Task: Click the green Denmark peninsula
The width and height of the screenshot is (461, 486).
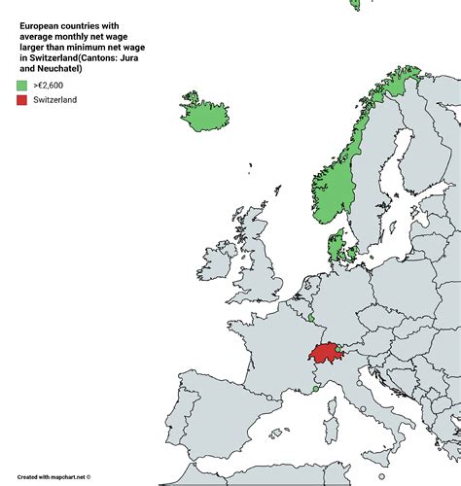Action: (x=338, y=247)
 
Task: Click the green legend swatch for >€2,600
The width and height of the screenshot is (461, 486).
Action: (x=20, y=86)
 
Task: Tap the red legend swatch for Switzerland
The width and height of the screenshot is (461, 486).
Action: (x=20, y=100)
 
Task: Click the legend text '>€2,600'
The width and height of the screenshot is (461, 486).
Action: (x=50, y=86)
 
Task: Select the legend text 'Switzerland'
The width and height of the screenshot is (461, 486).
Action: (x=56, y=100)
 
